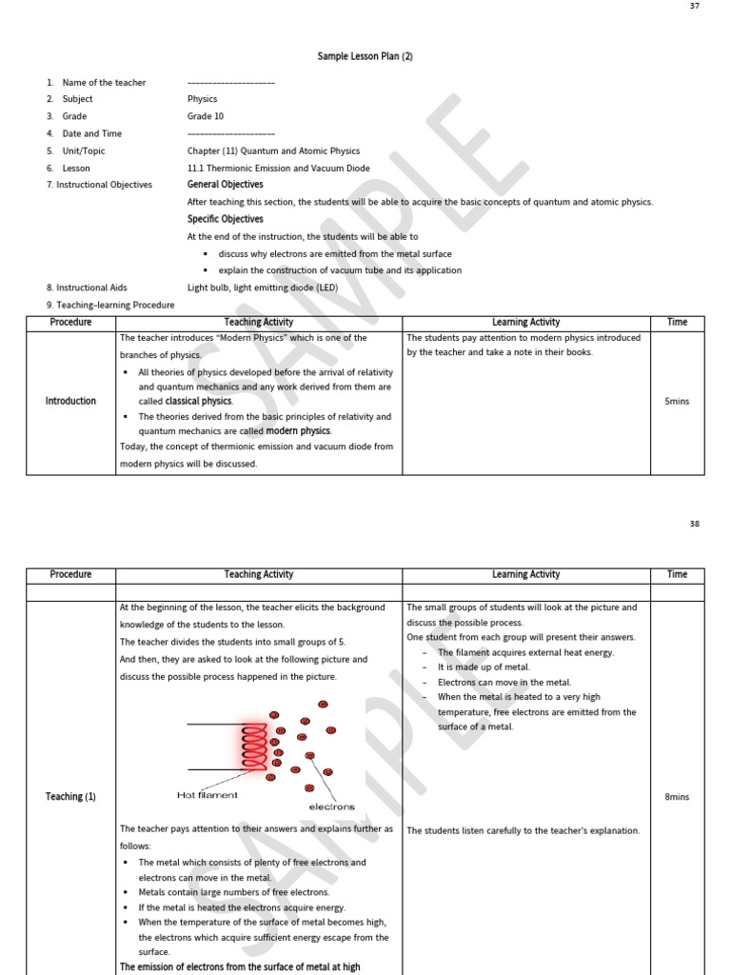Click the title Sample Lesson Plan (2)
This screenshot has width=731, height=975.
tap(365, 56)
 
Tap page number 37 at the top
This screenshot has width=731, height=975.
tap(693, 7)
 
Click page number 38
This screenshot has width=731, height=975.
tap(693, 524)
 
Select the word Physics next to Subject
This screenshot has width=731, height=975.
tap(202, 99)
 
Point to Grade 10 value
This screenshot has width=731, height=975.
tap(206, 116)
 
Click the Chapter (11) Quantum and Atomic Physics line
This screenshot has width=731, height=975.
tap(273, 150)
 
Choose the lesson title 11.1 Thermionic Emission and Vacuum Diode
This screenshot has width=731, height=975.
tap(278, 168)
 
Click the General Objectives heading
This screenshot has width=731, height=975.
tap(225, 185)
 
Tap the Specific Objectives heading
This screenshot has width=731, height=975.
tap(225, 219)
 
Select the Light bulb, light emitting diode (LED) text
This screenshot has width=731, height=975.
tap(262, 288)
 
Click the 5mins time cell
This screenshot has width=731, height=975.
tap(677, 402)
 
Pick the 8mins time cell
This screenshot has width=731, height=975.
tap(677, 797)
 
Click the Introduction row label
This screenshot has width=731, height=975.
tap(70, 402)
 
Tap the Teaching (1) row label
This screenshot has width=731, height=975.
tap(70, 797)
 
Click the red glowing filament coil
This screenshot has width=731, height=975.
tap(254, 746)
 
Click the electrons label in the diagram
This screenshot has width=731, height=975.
tap(331, 806)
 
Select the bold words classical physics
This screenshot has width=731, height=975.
tap(198, 402)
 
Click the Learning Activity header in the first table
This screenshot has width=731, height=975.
tap(525, 323)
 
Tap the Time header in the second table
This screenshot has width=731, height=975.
tap(677, 575)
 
